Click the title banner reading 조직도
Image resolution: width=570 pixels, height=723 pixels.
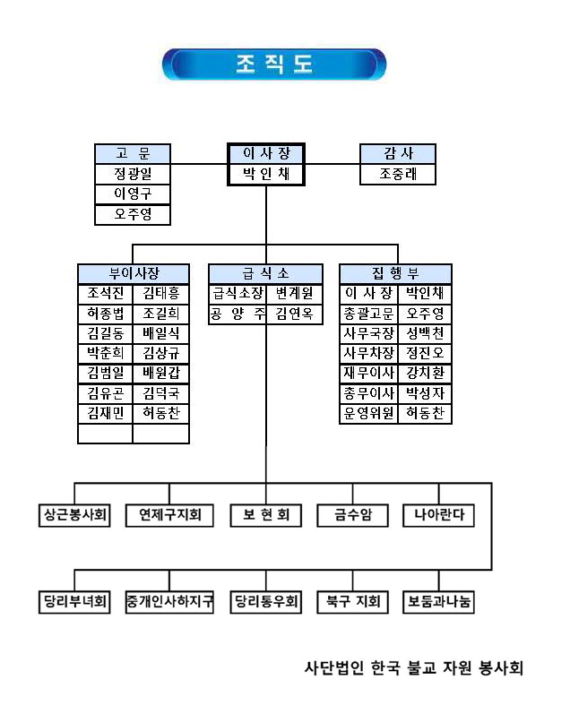tap(274, 65)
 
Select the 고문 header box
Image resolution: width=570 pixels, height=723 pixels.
tap(133, 154)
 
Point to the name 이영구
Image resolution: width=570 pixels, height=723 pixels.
tap(133, 194)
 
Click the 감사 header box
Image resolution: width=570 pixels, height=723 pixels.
tap(397, 154)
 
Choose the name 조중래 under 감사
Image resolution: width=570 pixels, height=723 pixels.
tap(397, 175)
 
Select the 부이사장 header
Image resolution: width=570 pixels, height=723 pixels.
tap(134, 273)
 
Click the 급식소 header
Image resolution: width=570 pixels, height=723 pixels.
tap(265, 273)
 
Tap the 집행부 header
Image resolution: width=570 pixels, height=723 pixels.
tap(396, 273)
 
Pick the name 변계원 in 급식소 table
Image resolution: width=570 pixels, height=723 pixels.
tap(295, 294)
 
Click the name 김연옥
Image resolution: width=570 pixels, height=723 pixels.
tap(295, 314)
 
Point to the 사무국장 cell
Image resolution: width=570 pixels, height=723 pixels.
tap(368, 333)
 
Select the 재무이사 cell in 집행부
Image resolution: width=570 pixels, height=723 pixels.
tap(368, 374)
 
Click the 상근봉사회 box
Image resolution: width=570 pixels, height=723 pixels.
tap(74, 515)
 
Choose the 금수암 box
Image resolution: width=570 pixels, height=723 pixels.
tap(353, 515)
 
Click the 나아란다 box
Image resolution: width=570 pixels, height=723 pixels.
tap(438, 515)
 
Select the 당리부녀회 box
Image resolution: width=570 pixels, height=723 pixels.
tap(74, 601)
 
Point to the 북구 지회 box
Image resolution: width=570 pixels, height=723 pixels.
tap(353, 601)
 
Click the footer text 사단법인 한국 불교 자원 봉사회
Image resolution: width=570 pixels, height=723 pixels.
tap(414, 667)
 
